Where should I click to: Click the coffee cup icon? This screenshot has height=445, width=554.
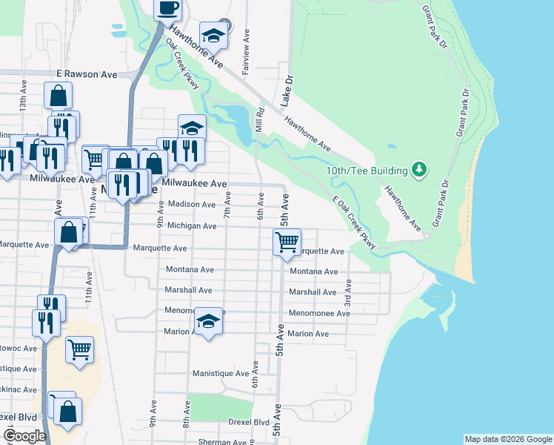coord(167,8)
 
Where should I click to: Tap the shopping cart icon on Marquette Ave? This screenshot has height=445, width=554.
coord(287,241)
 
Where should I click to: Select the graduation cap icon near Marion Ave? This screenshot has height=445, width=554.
coord(209,321)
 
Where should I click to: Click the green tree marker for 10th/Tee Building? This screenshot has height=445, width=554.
coord(419,171)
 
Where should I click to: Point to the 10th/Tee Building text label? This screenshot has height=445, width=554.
coord(367,171)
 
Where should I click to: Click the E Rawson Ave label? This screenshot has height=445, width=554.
coord(87,75)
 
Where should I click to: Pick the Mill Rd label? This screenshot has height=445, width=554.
coord(260,121)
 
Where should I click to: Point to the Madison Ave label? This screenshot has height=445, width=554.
coord(192,204)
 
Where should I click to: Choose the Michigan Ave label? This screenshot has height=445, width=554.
coord(192,225)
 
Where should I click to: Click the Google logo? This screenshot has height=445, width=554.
coord(24,436)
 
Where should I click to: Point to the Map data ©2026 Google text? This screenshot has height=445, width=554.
coord(507,439)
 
